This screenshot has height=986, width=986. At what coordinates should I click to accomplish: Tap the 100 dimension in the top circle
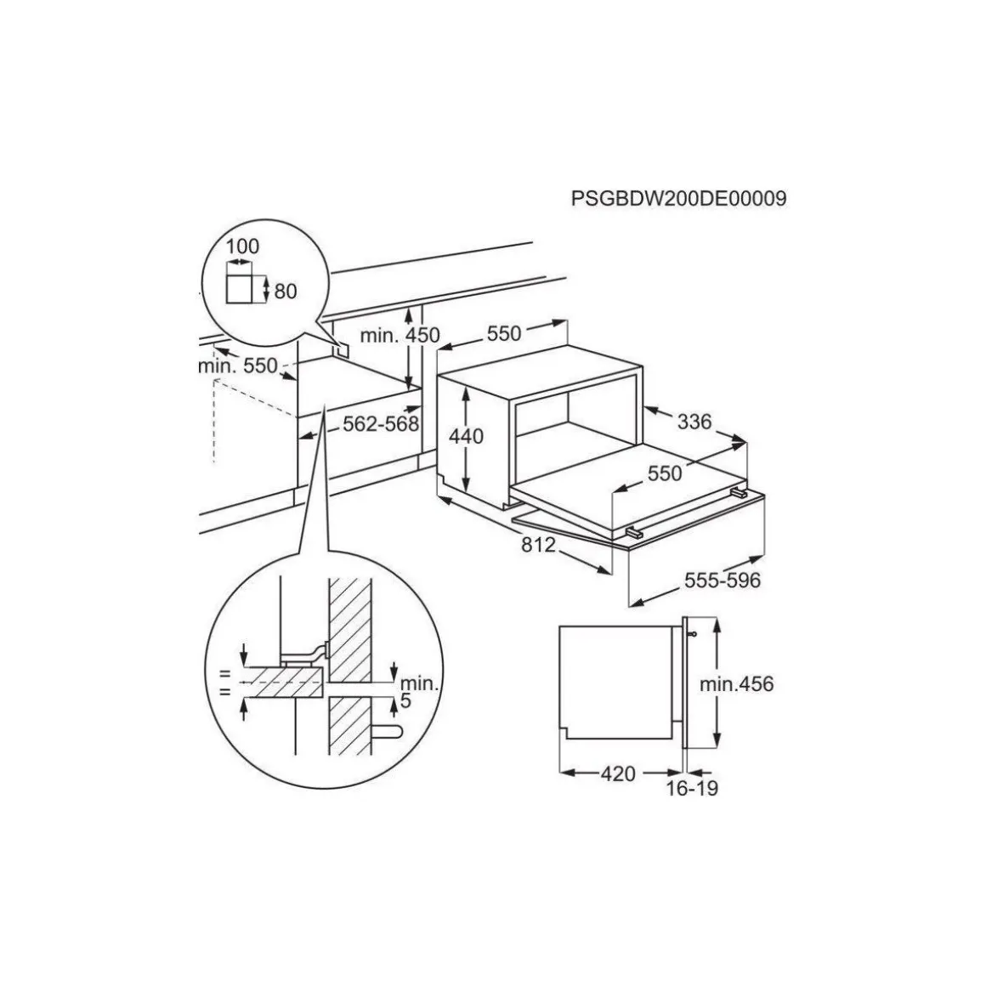point(244,246)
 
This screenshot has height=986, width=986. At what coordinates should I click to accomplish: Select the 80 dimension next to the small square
point(286,292)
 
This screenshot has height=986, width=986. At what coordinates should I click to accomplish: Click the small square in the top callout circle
point(244,290)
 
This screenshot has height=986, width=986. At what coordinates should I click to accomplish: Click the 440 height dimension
point(467,436)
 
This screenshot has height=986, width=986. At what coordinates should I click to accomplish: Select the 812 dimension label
point(538,545)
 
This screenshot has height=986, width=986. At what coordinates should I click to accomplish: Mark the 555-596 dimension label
point(722,581)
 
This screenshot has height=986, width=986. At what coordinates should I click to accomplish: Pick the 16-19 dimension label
point(691,789)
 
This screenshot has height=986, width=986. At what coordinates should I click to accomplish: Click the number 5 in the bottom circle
point(405,701)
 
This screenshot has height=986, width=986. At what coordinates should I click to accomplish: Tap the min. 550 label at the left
point(238,365)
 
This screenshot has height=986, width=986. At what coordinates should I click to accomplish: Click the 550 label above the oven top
point(504,334)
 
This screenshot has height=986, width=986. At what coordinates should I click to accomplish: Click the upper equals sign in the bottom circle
point(224,673)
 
